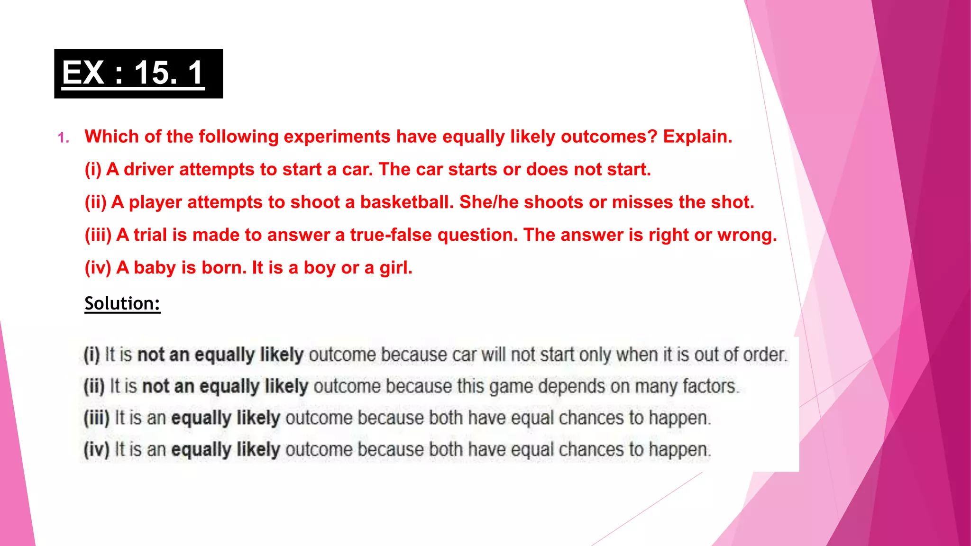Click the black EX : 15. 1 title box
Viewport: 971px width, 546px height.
click(138, 73)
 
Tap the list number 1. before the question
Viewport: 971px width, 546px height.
click(64, 138)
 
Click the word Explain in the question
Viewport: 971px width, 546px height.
click(696, 136)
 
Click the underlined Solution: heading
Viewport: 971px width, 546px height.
click(122, 303)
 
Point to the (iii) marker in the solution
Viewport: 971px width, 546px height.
click(97, 418)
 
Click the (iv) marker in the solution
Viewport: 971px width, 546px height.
click(97, 449)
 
